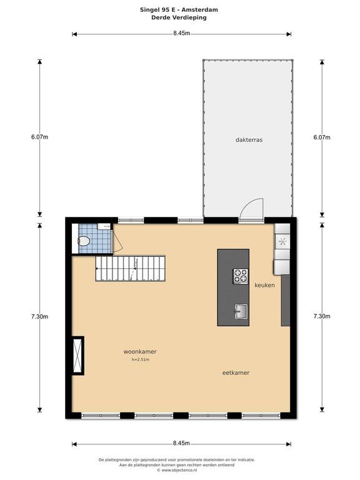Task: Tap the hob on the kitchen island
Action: coord(241,275)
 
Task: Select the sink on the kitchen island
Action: coord(241,311)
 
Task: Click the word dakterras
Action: coord(249,140)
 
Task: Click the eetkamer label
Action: coord(236,373)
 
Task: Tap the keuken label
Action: coord(265,285)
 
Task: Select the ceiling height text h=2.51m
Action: coord(140,360)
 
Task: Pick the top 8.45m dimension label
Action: coord(181,32)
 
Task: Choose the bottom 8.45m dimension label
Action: coord(181,444)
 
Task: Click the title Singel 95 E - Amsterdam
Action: coord(179,10)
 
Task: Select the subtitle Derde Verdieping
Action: coord(179,17)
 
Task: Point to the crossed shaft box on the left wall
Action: coord(77,355)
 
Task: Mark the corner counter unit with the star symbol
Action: coord(282,241)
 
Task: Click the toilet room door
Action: coord(112,241)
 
